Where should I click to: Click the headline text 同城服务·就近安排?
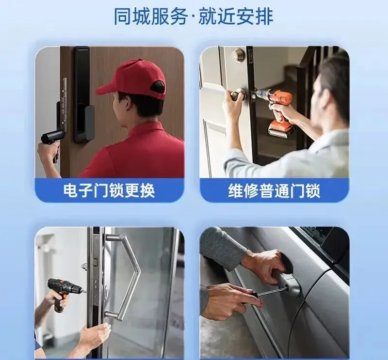193,16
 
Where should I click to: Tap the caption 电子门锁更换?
109,190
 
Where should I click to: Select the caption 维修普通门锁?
274,190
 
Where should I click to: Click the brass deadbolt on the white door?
238,54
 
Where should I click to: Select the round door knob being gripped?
238,94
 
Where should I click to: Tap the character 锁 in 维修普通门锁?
313,190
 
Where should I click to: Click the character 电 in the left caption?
70,190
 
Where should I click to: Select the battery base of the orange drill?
280,129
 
